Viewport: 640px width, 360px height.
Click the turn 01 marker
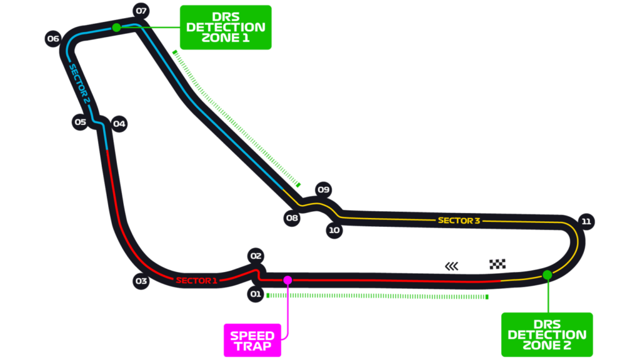tap(256, 294)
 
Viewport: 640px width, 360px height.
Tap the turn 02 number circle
tap(256, 256)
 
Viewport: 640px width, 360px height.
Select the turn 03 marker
tap(141, 281)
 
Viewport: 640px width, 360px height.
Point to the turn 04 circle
tap(119, 124)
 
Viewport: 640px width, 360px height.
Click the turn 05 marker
tap(80, 122)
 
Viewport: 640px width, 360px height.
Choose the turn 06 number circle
tap(53, 39)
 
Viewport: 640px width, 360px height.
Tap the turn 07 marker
tap(141, 11)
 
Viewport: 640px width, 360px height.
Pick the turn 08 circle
tap(292, 218)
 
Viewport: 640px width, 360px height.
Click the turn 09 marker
tap(324, 190)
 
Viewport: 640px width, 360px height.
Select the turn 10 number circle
tap(334, 230)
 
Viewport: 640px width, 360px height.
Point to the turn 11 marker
tap(586, 222)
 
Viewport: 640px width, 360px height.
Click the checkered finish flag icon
tap(497, 264)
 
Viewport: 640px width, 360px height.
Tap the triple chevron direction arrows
tap(451, 266)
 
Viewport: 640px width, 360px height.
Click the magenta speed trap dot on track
tap(287, 280)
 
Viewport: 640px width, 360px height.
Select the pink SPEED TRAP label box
tap(252, 341)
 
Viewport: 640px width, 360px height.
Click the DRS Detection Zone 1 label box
tap(226, 27)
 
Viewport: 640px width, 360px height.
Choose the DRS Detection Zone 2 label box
tap(547, 335)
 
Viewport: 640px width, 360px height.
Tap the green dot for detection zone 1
tap(117, 27)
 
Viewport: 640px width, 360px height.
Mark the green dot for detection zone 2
tap(547, 275)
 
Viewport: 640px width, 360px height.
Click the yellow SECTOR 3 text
tap(459, 221)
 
